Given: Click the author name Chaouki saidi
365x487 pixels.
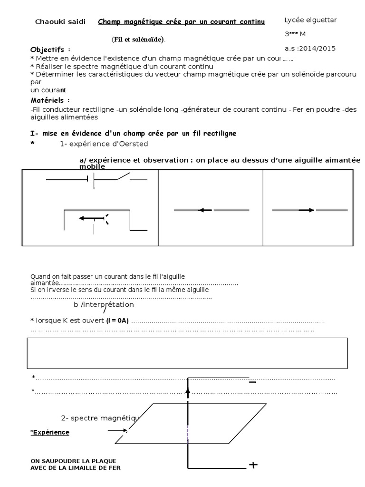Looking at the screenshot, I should pos(60,22).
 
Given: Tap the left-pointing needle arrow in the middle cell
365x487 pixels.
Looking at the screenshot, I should pos(205,210).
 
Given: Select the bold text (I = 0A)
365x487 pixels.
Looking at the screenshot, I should pos(117,321).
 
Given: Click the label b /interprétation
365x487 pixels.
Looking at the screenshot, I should pos(104,304).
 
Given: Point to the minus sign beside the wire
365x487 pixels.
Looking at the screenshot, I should pos(252,382).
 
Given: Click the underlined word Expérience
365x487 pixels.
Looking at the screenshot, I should pos(51,432).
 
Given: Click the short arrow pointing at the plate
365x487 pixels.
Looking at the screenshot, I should pos(116,430).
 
